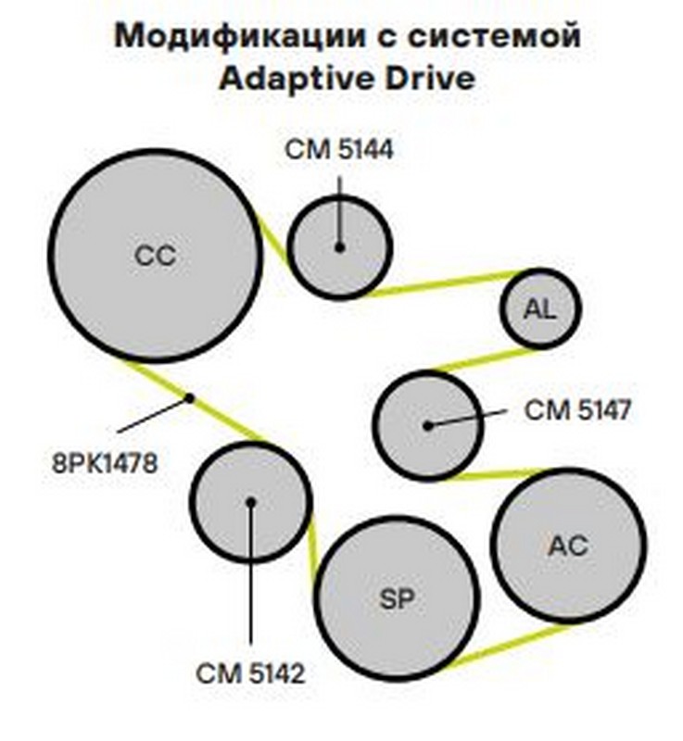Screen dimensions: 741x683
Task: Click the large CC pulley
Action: (155, 256)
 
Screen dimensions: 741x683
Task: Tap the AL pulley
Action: (540, 309)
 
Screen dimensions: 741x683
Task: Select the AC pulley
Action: (568, 546)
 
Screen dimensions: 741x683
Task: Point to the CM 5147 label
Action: (577, 409)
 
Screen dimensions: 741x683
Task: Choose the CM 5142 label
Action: (250, 673)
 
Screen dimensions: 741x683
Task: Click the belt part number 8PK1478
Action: (105, 460)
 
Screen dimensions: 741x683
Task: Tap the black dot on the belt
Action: (189, 398)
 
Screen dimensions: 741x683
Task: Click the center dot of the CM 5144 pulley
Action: (340, 247)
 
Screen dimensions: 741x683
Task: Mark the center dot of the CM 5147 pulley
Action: (427, 426)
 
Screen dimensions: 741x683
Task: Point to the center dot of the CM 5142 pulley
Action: (250, 502)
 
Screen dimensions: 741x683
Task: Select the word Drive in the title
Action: (427, 78)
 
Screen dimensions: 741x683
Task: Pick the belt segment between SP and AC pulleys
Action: (505, 645)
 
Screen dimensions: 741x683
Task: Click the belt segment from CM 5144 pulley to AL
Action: (445, 283)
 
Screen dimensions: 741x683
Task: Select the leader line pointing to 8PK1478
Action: (153, 415)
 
